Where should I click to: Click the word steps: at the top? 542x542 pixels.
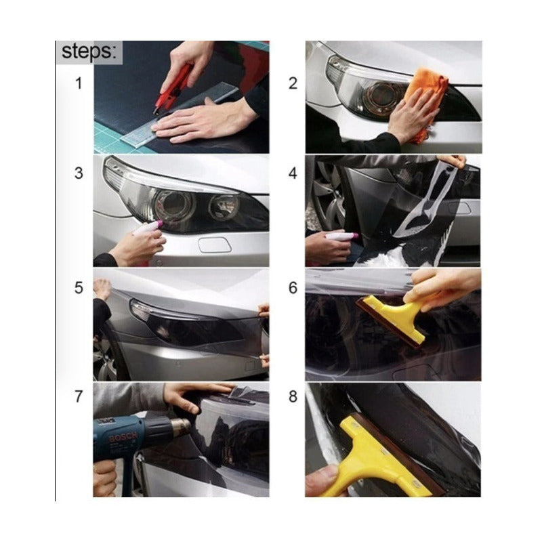point(89,52)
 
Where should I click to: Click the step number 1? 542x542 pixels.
point(79,83)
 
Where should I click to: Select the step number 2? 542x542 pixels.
point(293,83)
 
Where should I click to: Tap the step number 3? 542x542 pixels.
point(79,173)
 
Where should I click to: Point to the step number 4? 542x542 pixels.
point(293,173)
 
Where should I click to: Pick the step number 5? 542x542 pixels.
point(79,287)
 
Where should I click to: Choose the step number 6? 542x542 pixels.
point(293,287)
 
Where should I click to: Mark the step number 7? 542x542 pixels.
point(79,396)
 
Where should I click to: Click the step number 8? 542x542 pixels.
point(293,396)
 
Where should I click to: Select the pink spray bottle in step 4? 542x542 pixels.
point(341,236)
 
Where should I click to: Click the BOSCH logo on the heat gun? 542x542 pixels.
point(123,437)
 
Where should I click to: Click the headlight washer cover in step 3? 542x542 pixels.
point(215,245)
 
